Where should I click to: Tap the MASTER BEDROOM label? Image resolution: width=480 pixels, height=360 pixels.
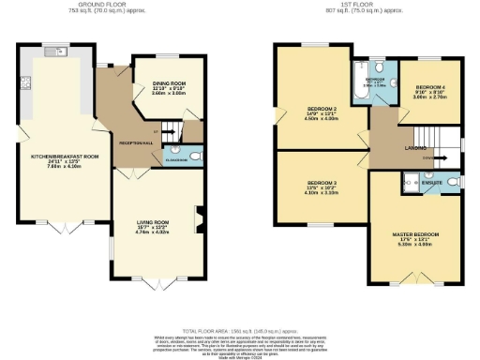(415, 233)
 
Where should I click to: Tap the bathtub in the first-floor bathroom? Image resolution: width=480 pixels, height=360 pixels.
(359, 82)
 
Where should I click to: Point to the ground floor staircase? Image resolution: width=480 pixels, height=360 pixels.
(171, 130)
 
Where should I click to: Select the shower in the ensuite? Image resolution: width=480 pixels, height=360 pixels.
(412, 179)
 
